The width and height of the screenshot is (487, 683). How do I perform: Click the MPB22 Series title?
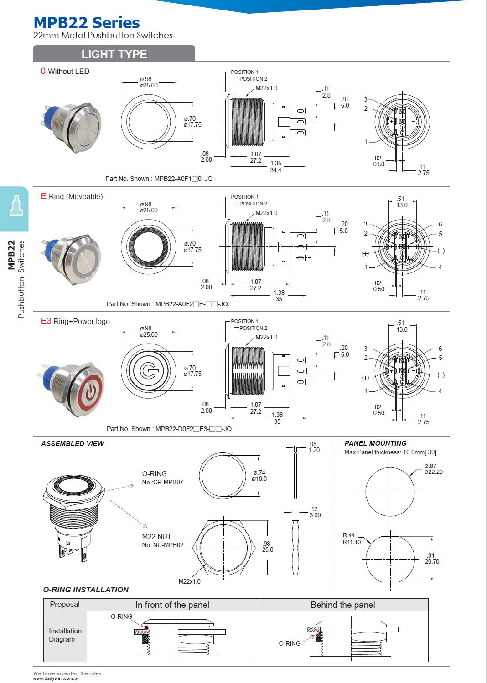click(x=87, y=23)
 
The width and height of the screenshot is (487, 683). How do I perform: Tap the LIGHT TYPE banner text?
click(x=114, y=54)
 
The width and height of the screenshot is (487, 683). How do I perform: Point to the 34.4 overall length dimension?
click(x=275, y=170)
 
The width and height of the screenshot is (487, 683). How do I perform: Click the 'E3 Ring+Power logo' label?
click(x=76, y=321)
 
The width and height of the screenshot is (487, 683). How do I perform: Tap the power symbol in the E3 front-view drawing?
click(x=148, y=371)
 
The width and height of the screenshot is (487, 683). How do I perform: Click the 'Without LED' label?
click(x=68, y=71)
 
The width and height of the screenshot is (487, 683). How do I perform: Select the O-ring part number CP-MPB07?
click(x=163, y=482)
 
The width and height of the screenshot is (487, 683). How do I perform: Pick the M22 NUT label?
click(x=156, y=536)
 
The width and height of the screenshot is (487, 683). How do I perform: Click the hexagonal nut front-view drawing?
click(x=223, y=548)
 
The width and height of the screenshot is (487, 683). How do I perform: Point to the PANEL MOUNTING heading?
click(x=375, y=443)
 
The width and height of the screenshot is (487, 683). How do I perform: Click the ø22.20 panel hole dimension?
click(x=433, y=472)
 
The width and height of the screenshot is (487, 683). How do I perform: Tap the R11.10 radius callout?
click(x=352, y=542)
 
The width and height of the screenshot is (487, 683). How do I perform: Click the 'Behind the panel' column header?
click(x=343, y=605)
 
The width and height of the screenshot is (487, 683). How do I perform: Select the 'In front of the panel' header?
click(x=172, y=605)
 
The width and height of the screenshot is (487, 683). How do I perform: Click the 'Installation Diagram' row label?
click(x=65, y=635)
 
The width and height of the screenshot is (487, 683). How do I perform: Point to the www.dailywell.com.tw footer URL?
click(x=56, y=678)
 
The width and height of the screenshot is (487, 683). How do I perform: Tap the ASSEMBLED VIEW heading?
click(x=73, y=443)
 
